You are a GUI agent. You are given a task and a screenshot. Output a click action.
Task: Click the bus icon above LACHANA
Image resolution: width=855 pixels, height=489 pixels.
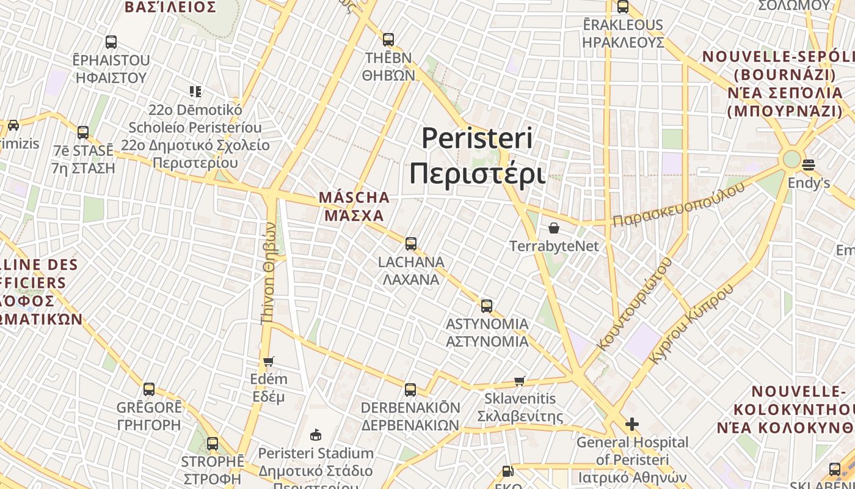pyautogui.click(x=411, y=244)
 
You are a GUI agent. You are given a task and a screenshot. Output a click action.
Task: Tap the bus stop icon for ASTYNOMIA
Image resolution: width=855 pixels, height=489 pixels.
pyautogui.click(x=487, y=306)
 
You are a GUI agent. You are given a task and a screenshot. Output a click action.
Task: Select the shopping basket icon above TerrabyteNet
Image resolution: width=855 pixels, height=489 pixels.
pyautogui.click(x=554, y=228)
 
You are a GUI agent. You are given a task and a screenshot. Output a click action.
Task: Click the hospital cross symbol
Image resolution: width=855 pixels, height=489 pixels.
pyautogui.click(x=632, y=424)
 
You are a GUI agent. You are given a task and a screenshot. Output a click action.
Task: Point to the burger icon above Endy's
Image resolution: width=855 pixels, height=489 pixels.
pyautogui.click(x=809, y=165)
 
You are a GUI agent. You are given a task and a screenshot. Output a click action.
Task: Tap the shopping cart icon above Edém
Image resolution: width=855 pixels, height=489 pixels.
pyautogui.click(x=268, y=361)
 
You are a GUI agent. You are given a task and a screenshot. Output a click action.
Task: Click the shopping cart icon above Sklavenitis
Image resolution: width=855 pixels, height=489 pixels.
pyautogui.click(x=520, y=381)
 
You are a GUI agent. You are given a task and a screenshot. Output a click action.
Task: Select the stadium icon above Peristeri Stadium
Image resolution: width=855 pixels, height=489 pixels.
pyautogui.click(x=315, y=435)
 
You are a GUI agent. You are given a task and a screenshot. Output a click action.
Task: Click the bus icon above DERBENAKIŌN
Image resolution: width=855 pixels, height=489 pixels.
pyautogui.click(x=410, y=390)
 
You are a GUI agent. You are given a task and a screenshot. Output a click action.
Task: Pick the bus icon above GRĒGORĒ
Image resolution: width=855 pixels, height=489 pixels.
pyautogui.click(x=149, y=389)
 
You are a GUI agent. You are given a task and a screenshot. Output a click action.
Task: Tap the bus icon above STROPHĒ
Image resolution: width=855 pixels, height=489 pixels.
pyautogui.click(x=213, y=444)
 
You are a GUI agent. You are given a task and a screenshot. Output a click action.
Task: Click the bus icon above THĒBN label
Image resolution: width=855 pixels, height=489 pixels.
pyautogui.click(x=388, y=40)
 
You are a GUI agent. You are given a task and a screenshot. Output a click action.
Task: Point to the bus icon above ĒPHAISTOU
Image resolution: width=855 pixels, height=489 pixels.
pyautogui.click(x=111, y=42)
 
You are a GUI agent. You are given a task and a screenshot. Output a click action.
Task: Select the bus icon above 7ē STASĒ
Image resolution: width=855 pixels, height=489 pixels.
pyautogui.click(x=83, y=132)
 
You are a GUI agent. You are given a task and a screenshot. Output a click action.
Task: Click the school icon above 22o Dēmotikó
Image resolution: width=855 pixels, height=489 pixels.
pyautogui.click(x=195, y=92)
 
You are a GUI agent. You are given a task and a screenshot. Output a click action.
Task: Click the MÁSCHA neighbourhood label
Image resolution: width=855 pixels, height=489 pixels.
pyautogui.click(x=354, y=206)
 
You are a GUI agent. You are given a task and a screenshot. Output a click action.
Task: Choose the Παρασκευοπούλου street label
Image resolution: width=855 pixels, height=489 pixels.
pyautogui.click(x=679, y=204)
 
